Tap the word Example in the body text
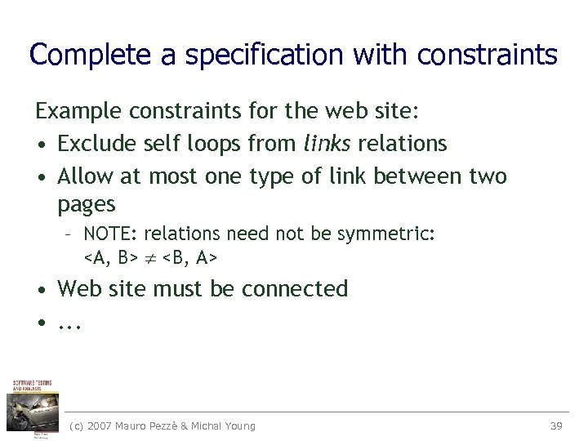(80, 110)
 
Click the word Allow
(87, 176)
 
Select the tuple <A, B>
(110, 258)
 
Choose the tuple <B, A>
(189, 258)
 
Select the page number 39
(556, 425)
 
